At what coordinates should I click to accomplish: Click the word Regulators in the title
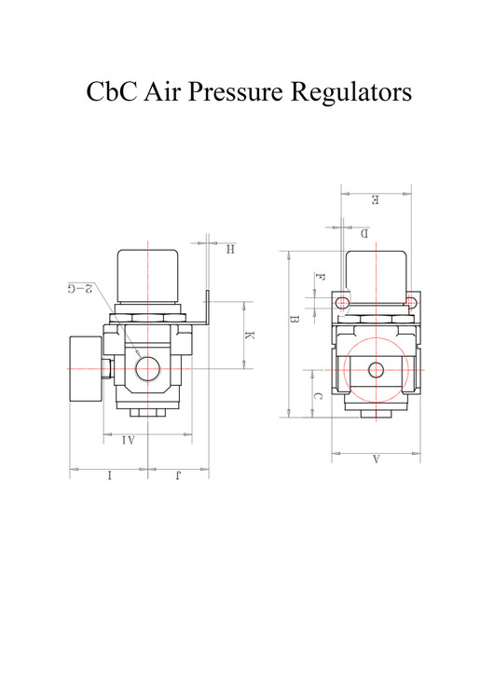[x=351, y=93]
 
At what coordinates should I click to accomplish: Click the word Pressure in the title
[x=236, y=91]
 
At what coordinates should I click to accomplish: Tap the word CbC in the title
[x=112, y=91]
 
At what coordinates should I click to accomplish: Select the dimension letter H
[x=229, y=249]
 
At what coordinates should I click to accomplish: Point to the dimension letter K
[x=249, y=336]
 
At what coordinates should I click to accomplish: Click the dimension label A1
[x=129, y=441]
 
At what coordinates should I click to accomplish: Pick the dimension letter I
[x=109, y=475]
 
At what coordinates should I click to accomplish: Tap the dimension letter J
[x=178, y=475]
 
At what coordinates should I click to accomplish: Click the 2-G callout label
[x=80, y=288]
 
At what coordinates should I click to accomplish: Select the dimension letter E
[x=375, y=199]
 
